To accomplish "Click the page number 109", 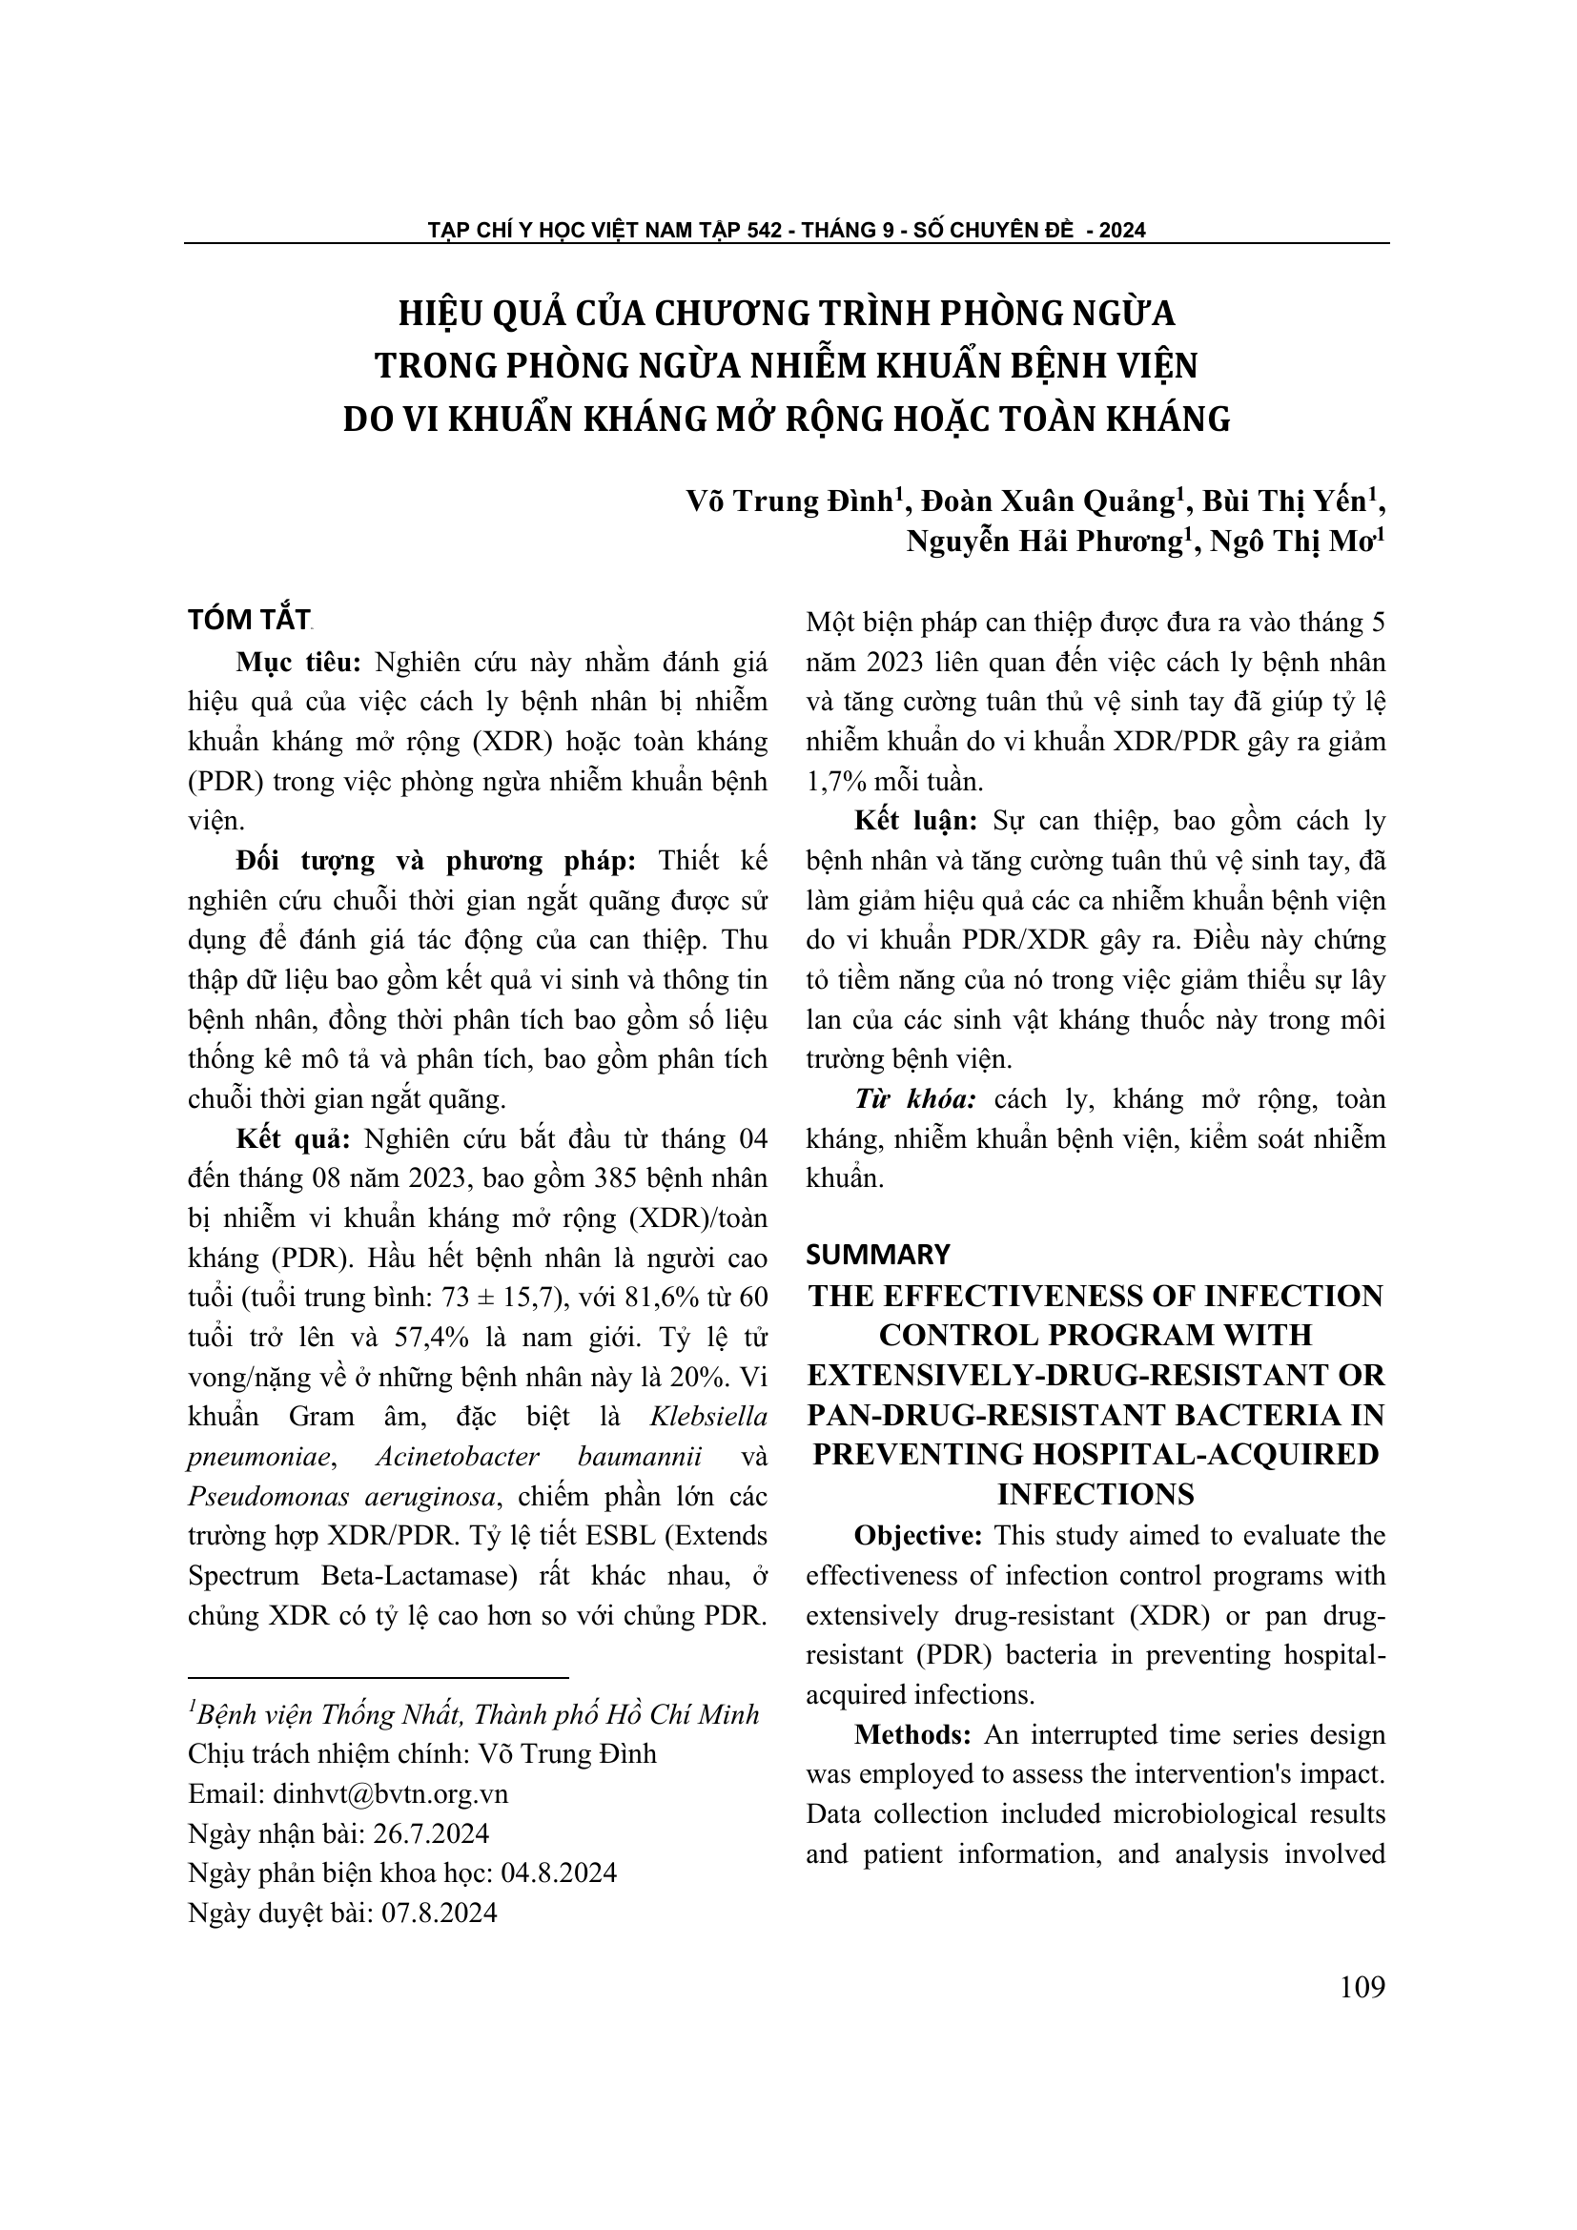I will click(x=1362, y=1987).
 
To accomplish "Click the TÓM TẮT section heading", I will click(x=249, y=621).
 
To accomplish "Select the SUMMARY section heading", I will click(x=878, y=1255).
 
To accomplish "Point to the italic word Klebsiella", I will click(x=707, y=1416).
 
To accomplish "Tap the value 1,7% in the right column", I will click(x=838, y=781).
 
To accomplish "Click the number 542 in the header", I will click(x=765, y=230).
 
